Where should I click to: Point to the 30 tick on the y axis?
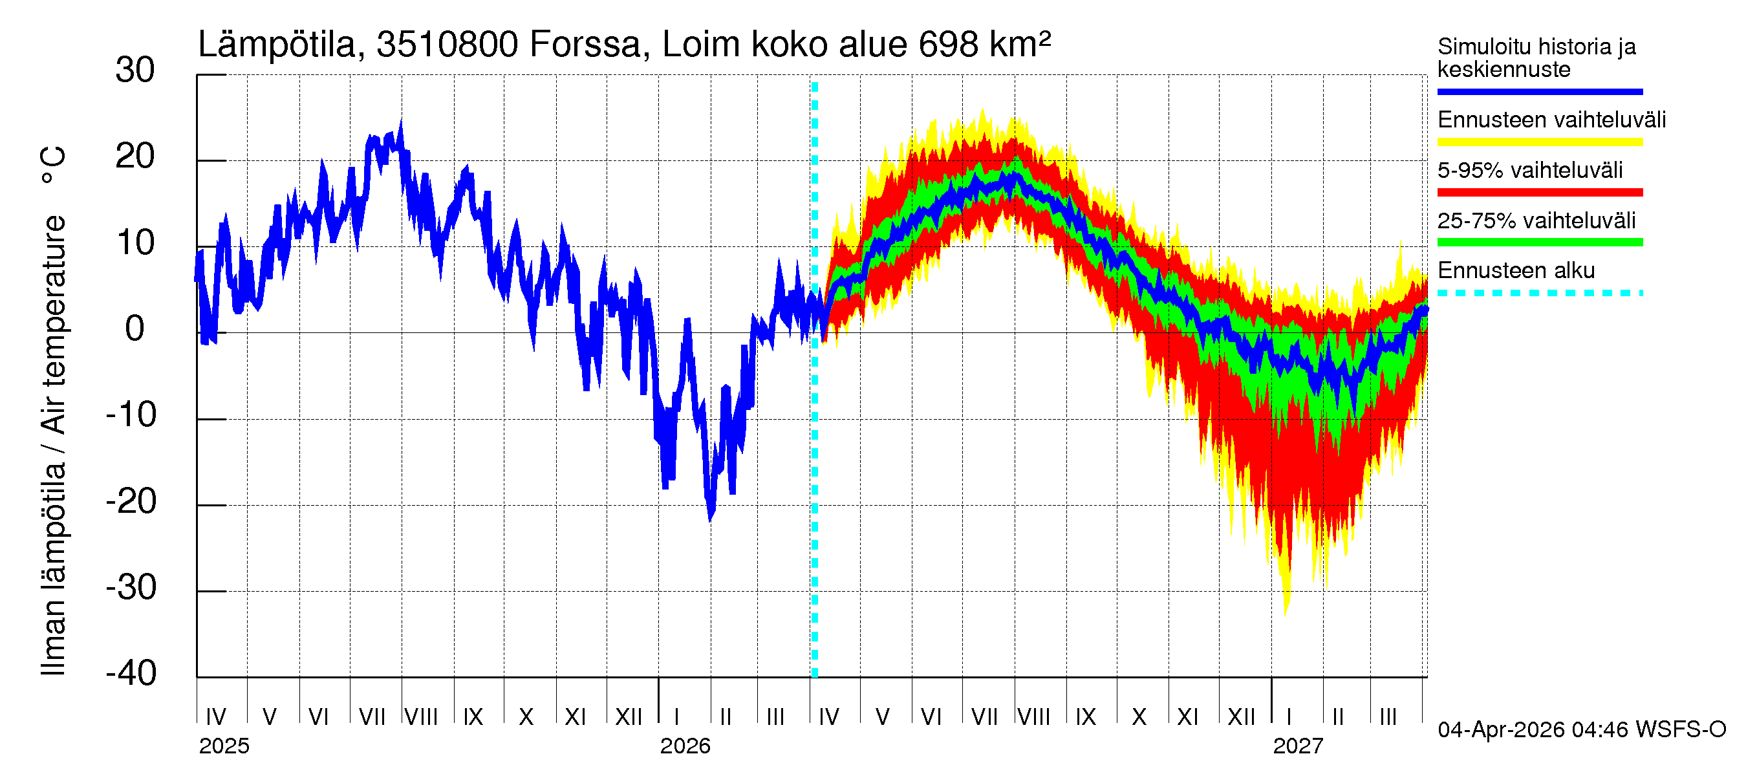click(x=135, y=70)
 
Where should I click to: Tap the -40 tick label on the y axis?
click(x=131, y=674)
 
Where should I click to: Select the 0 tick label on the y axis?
click(x=135, y=329)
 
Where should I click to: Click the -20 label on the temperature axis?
click(x=131, y=502)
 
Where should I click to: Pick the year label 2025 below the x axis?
click(x=224, y=746)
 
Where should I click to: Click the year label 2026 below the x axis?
click(x=685, y=746)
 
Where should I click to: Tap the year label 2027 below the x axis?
click(x=1297, y=746)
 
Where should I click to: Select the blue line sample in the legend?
click(x=1539, y=91)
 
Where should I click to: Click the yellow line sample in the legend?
click(x=1539, y=142)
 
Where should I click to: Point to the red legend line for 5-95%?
click(x=1539, y=193)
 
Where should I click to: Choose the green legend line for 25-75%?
click(x=1539, y=242)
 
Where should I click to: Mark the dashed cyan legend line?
click(x=1539, y=294)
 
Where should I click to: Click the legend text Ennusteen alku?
click(x=1516, y=270)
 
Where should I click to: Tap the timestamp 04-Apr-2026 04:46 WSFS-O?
click(x=1581, y=730)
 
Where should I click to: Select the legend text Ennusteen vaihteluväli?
click(x=1551, y=120)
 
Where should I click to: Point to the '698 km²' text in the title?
click(x=984, y=45)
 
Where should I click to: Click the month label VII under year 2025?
click(x=371, y=717)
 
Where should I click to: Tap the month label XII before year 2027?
click(x=1241, y=717)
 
